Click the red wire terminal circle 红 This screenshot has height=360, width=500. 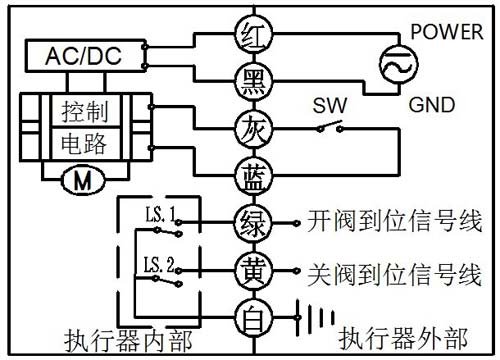pyautogui.click(x=250, y=33)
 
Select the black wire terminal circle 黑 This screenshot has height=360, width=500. pyautogui.click(x=250, y=80)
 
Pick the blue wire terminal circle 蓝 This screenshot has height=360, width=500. pyautogui.click(x=250, y=176)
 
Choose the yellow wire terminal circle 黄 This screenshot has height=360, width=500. pyautogui.click(x=250, y=270)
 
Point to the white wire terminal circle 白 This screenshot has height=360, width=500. pyautogui.click(x=250, y=319)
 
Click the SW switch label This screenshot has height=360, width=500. pyautogui.click(x=327, y=105)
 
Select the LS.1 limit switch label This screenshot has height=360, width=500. pyautogui.click(x=158, y=212)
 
